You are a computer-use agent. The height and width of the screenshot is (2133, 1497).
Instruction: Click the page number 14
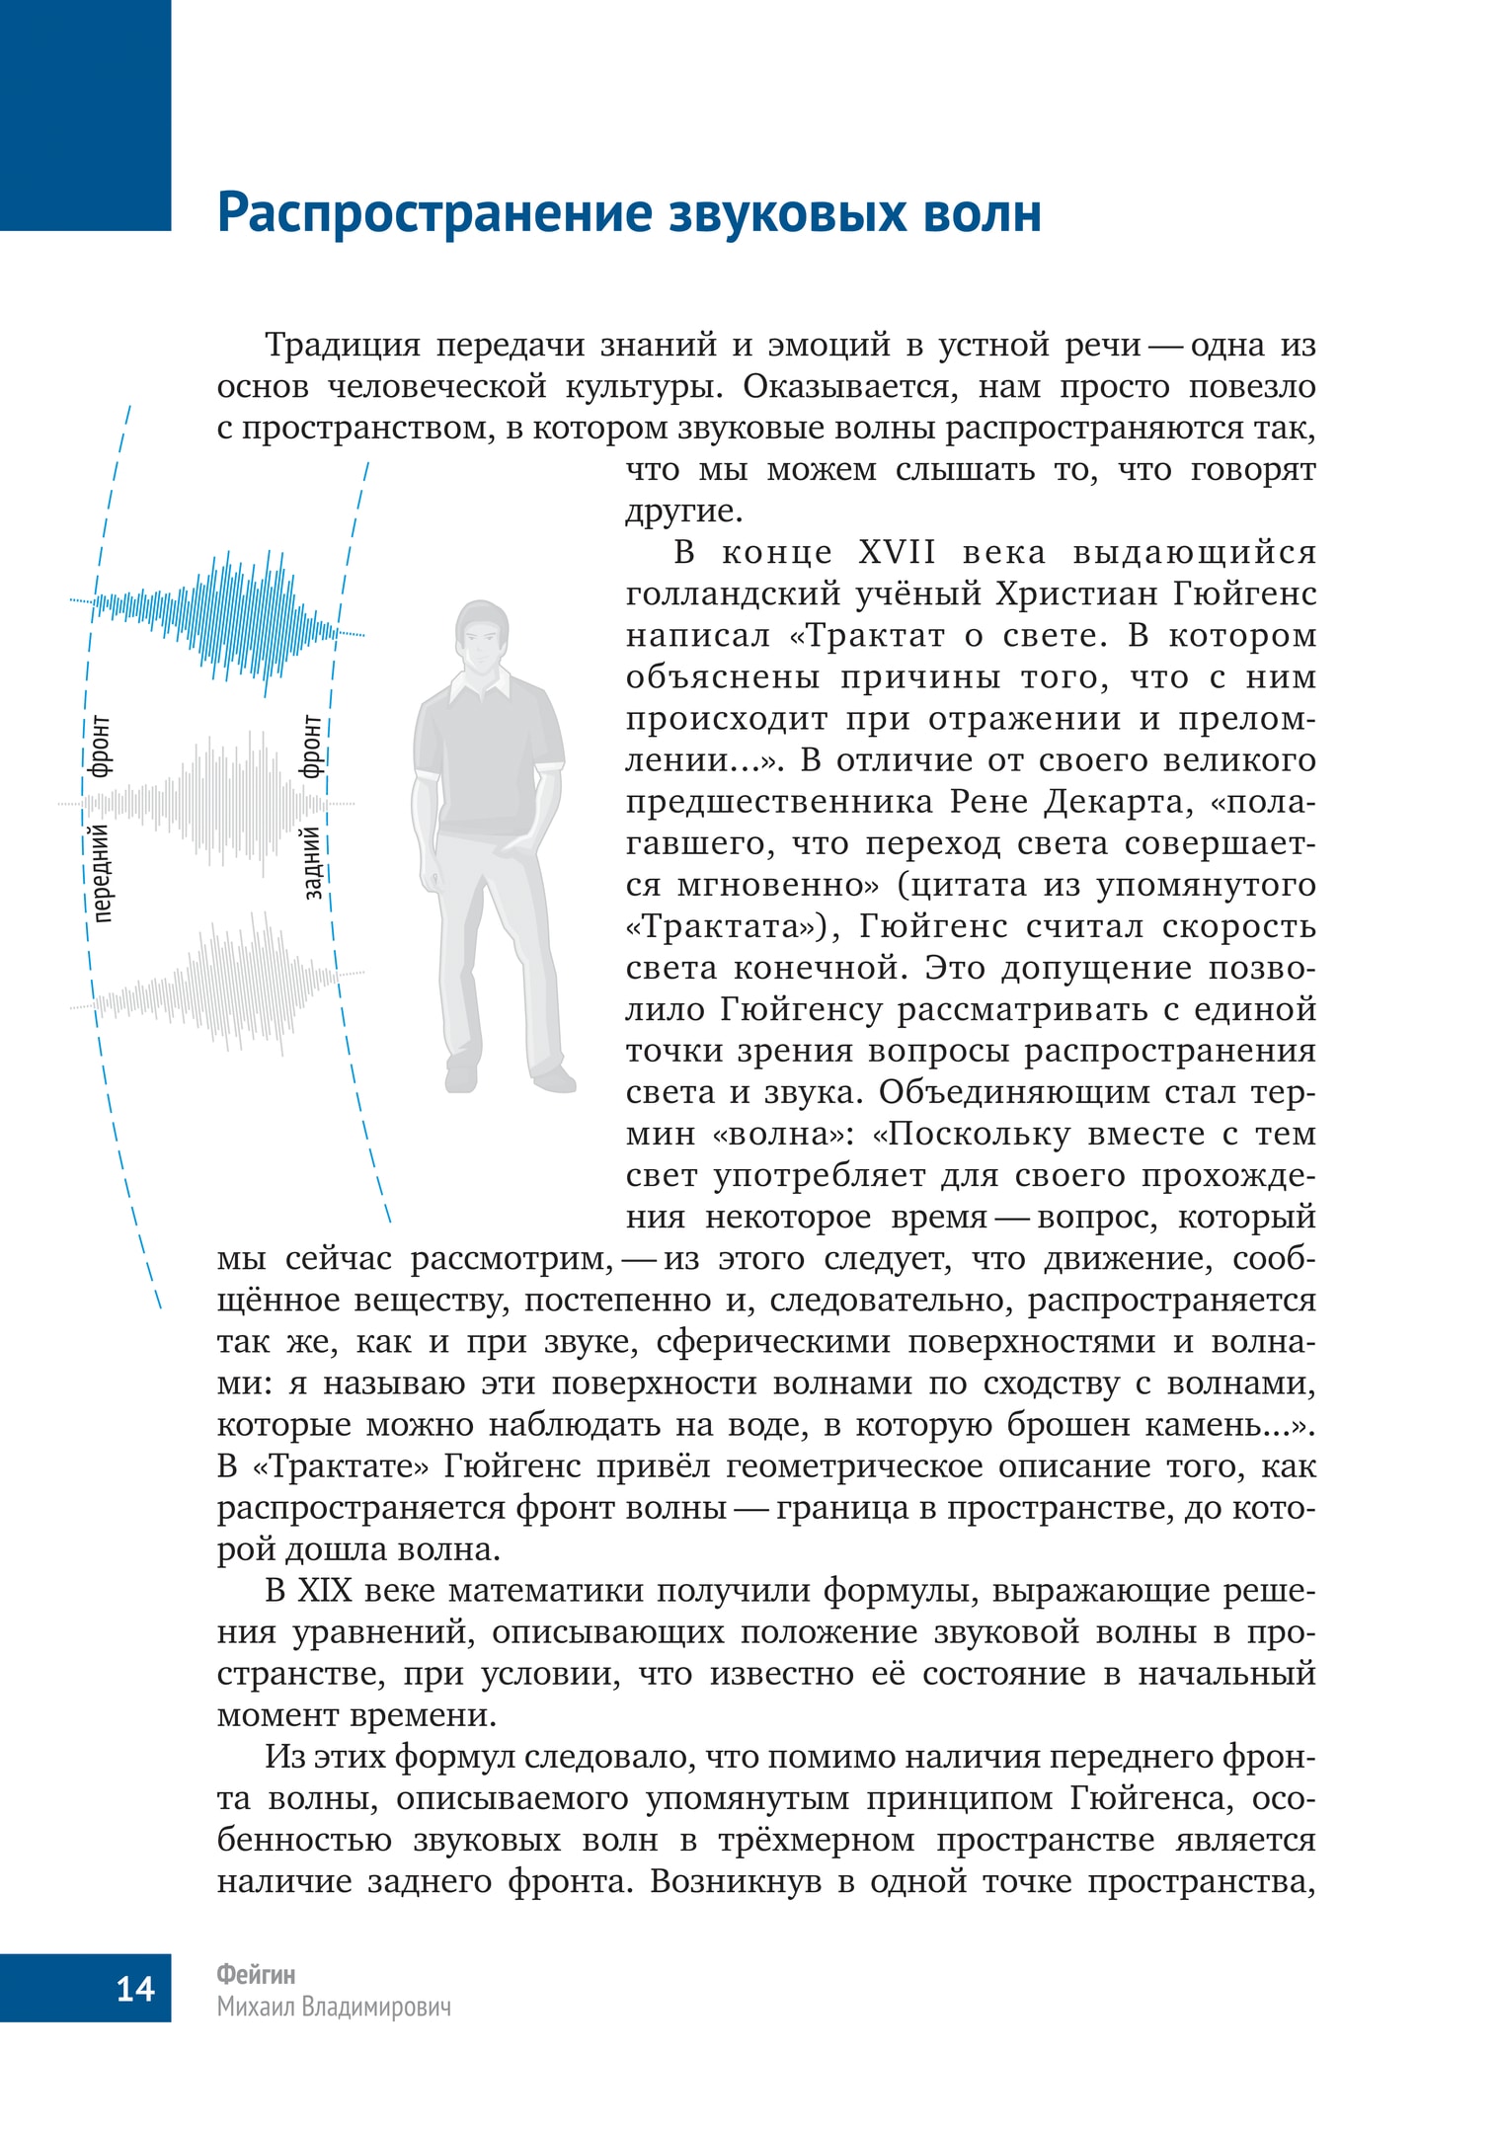tap(135, 1987)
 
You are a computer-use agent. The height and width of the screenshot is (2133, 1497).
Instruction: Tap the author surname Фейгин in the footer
tap(256, 1974)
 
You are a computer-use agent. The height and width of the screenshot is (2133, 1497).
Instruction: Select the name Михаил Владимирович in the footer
tap(334, 2007)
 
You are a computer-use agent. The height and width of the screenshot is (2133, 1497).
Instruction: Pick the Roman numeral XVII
tap(897, 552)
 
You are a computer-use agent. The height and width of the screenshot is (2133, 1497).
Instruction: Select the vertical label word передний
tap(101, 874)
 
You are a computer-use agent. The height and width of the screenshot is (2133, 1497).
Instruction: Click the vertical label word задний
tap(312, 861)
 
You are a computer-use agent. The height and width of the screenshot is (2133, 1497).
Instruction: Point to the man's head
tap(482, 637)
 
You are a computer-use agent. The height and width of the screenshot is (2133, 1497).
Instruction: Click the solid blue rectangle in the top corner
tap(85, 115)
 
